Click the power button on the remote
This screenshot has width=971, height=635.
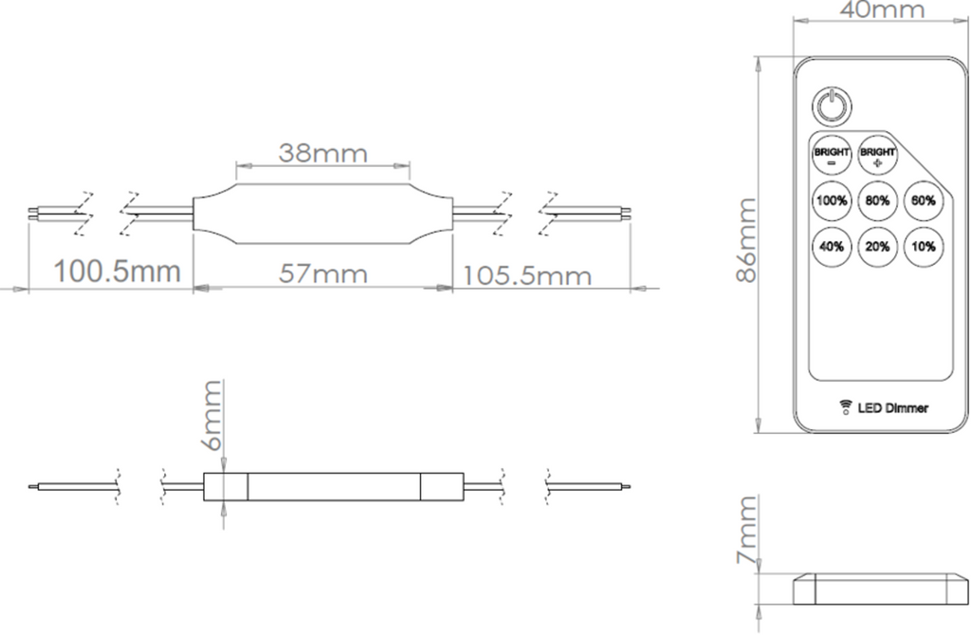coord(832,105)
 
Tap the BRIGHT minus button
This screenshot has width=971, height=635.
coord(832,156)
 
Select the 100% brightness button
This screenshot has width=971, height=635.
coord(832,201)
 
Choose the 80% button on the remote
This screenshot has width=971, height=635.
coord(877,201)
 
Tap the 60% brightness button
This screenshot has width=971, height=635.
coord(924,201)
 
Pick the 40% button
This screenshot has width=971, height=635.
coord(832,247)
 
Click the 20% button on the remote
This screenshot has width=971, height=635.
coord(877,247)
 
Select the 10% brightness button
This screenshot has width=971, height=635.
coord(924,247)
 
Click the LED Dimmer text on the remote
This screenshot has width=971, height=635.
coord(893,408)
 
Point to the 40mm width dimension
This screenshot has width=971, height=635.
coord(883,9)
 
